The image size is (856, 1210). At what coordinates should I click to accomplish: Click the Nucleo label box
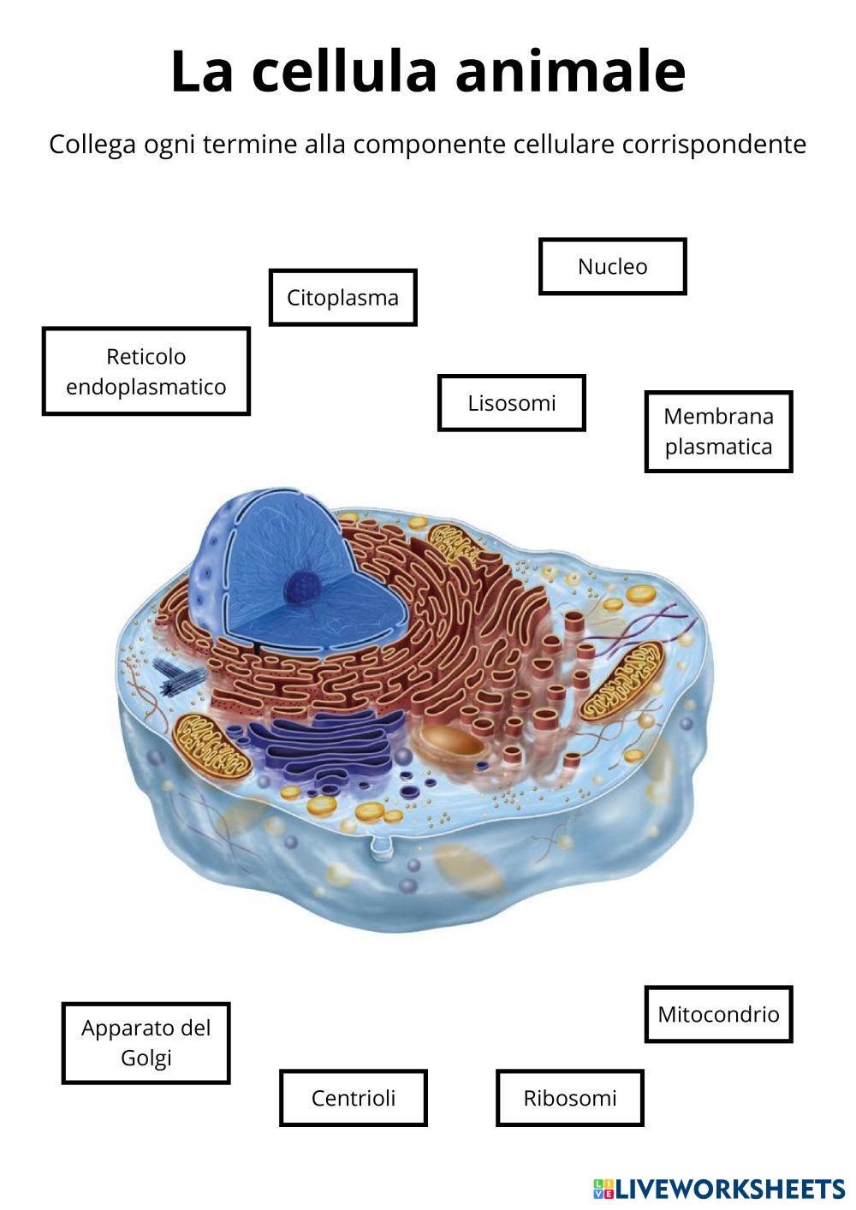coord(612,266)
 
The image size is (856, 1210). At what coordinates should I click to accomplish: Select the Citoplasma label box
coord(342,298)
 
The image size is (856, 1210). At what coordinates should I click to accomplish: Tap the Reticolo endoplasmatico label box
coord(146,371)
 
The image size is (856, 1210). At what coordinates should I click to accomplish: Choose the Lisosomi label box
coord(511,402)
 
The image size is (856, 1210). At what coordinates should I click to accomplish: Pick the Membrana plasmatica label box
coord(718,431)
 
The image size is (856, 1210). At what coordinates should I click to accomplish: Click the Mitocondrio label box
coord(718,1014)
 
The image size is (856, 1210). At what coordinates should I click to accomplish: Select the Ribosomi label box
coord(569,1098)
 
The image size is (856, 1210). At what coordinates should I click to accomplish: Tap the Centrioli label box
coord(353,1098)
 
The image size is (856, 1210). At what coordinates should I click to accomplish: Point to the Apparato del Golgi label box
coord(146,1042)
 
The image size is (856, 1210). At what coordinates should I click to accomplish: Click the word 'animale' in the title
coord(570,71)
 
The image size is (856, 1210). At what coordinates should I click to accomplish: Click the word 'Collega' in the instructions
coord(92,144)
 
